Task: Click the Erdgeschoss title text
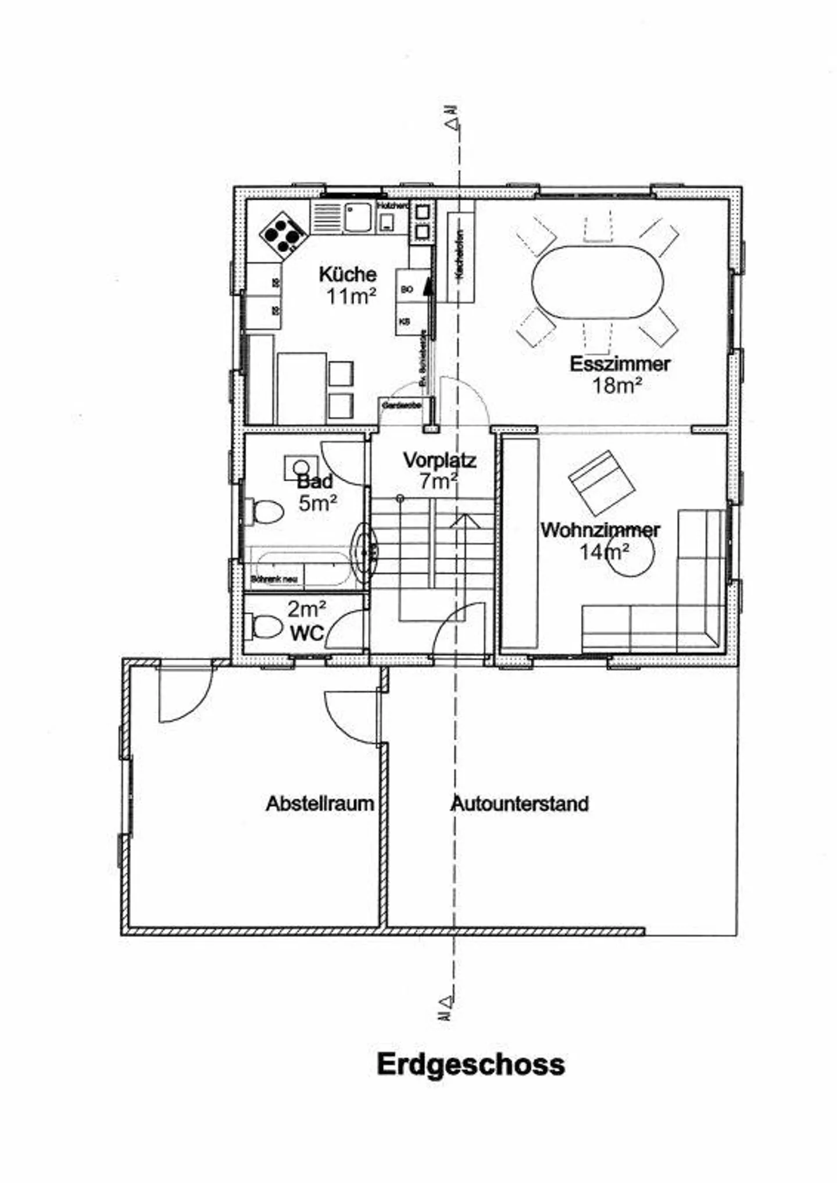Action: coord(470,1064)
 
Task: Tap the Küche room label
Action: coord(348,274)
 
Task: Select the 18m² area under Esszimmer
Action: coord(617,385)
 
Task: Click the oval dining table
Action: coord(598,283)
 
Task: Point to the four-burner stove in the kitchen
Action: coord(282,235)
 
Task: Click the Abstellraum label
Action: coord(320,803)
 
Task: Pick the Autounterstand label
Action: coord(520,803)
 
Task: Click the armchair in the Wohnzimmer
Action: coord(601,483)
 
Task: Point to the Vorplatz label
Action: coord(440,460)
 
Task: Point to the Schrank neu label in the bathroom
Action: coord(274,580)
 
